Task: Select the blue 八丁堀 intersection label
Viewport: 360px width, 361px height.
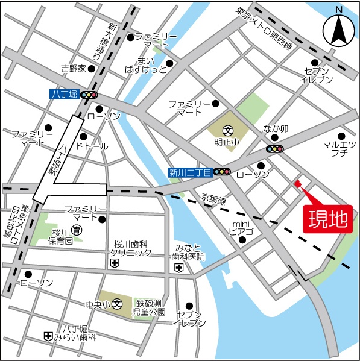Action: [64, 95]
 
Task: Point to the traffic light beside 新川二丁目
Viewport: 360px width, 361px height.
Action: [223, 172]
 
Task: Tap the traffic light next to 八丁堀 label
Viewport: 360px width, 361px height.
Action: [89, 95]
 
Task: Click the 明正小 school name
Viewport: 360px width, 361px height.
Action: [227, 142]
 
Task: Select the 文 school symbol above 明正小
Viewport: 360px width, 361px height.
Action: [228, 130]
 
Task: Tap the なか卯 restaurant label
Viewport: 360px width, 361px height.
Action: [277, 128]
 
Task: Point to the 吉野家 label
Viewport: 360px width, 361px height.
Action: [74, 68]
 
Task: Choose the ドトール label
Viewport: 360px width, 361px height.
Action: [91, 146]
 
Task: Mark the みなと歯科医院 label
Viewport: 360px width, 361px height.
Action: [188, 253]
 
